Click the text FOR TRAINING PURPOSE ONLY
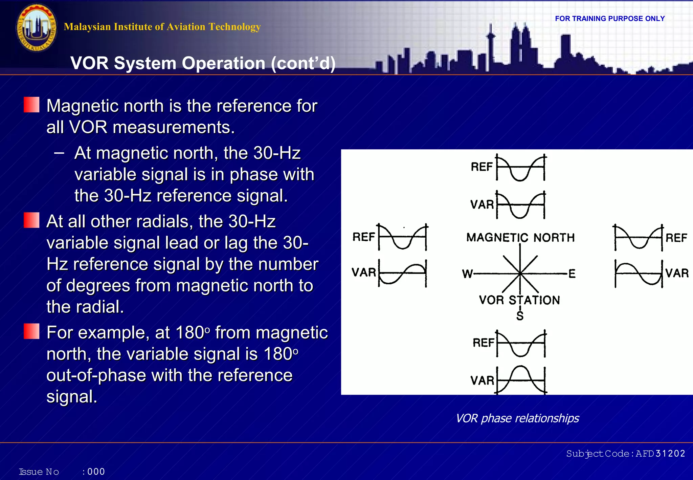coord(610,19)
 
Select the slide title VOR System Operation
coord(203,63)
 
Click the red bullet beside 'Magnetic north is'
coord(31,105)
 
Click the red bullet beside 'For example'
coord(31,331)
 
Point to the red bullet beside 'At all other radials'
coord(31,220)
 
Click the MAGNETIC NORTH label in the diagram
coord(520,238)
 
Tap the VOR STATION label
coord(519,300)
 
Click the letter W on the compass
coord(467,274)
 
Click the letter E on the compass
coord(572,274)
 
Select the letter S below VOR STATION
coord(520,316)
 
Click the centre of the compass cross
coord(520,273)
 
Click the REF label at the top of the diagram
coord(482,167)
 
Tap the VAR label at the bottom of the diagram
coord(482,380)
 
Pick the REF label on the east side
coord(676,238)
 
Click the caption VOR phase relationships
coord(517,418)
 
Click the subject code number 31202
coord(670,454)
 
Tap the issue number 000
coord(96,472)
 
